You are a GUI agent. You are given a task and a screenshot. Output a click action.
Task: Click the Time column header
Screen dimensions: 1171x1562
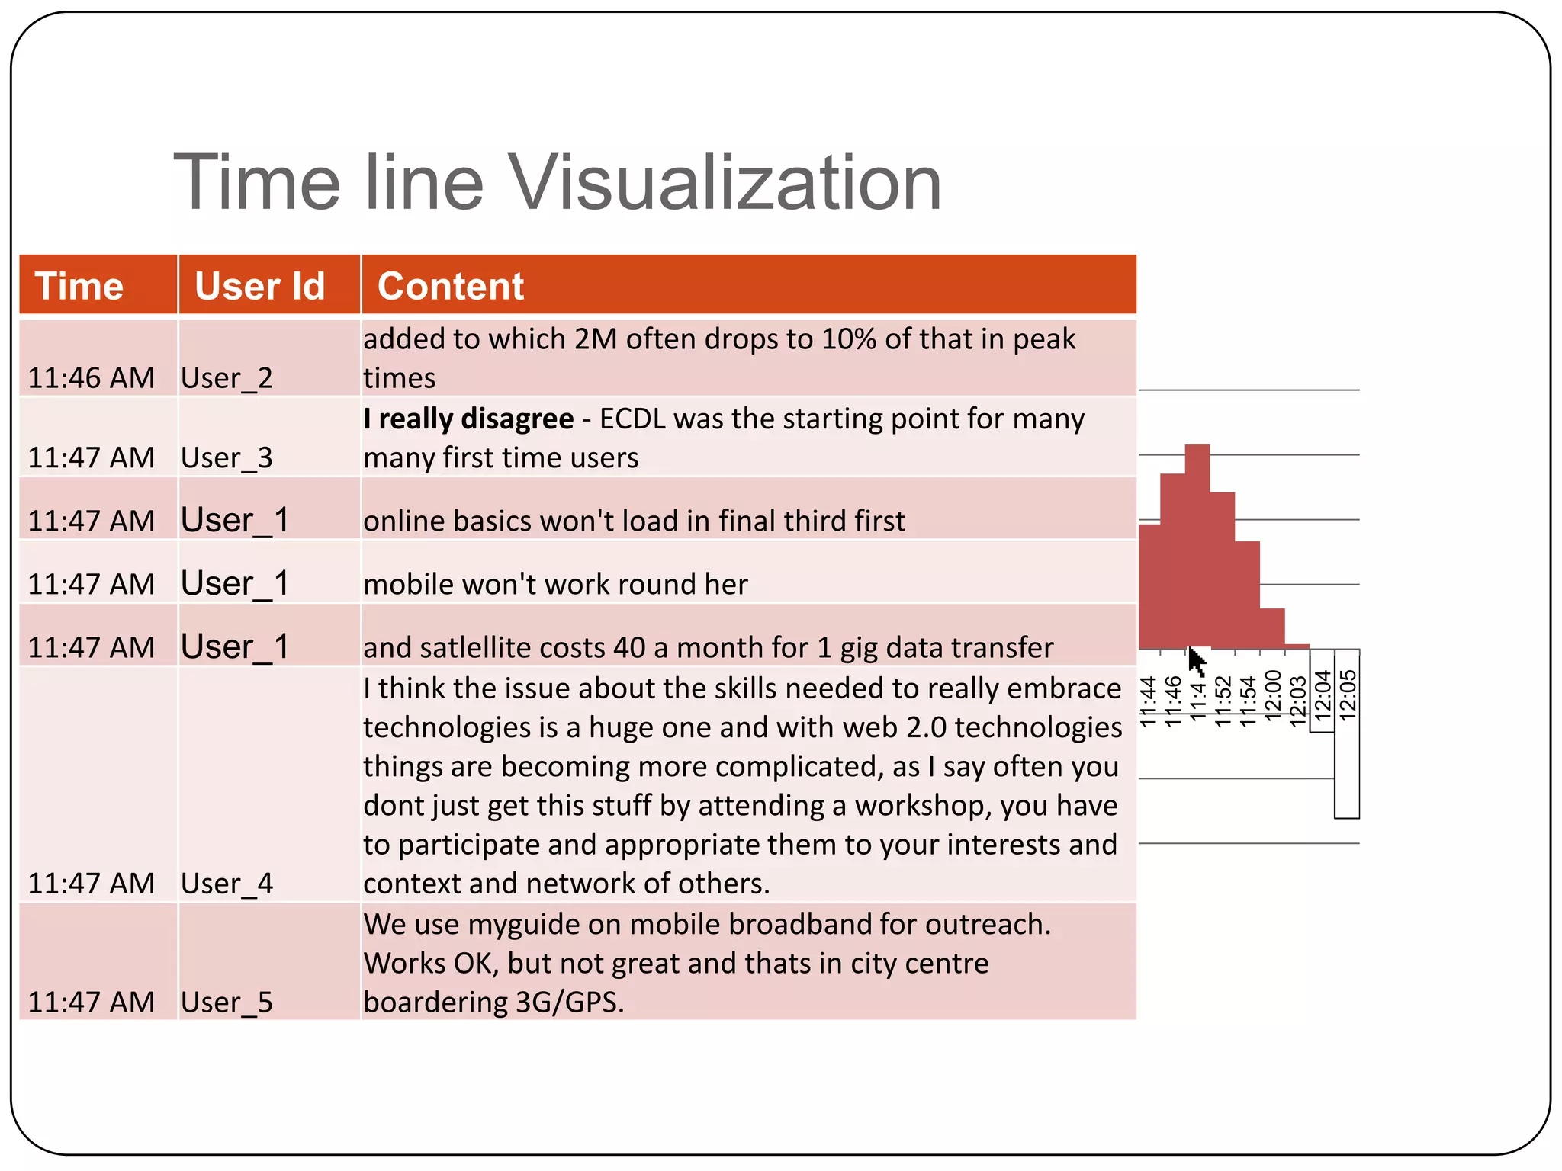79,287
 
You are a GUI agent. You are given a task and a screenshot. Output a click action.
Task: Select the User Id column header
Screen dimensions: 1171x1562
259,287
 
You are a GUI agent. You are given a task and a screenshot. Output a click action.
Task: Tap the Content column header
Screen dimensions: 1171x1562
451,287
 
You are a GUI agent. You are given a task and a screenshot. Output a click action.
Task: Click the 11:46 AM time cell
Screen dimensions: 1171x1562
92,378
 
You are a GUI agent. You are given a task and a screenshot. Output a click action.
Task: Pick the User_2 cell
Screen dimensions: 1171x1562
227,378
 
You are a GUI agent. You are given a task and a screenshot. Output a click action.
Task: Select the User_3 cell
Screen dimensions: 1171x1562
227,458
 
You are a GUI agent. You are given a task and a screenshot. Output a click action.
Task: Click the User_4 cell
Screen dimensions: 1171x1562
227,884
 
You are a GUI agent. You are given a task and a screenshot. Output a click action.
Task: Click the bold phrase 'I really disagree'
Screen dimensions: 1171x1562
468,419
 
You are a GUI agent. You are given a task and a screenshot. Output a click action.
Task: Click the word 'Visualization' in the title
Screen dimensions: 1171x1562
725,183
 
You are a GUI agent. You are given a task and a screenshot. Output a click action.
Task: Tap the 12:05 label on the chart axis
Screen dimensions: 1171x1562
1348,695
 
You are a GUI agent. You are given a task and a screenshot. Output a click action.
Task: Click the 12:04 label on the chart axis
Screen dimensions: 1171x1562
1323,695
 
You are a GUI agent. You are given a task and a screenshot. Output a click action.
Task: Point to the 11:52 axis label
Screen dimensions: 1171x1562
1223,701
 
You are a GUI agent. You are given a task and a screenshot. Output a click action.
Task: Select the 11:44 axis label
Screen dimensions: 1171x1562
1149,701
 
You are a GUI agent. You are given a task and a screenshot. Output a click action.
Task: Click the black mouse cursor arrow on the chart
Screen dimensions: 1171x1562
1197,660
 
